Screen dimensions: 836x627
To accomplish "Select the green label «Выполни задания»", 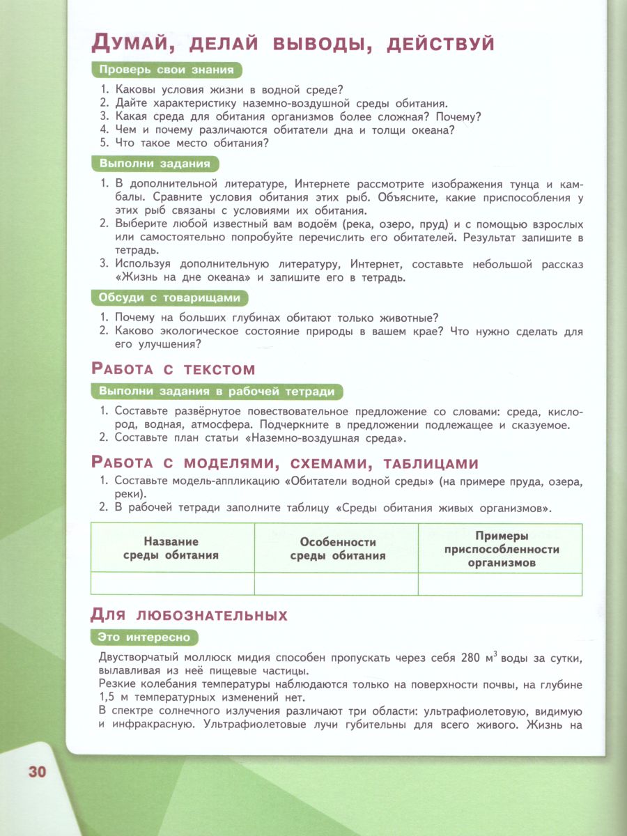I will tap(155, 164).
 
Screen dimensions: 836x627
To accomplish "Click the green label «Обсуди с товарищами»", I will tap(170, 298).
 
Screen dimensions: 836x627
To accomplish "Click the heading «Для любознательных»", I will tap(189, 615).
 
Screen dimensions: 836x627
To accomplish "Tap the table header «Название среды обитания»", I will tap(171, 548).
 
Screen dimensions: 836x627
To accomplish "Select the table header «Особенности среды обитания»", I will tap(337, 548).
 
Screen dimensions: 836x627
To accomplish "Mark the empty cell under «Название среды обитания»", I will tap(172, 584).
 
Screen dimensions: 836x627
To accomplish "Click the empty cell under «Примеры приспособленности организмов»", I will tap(500, 584).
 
